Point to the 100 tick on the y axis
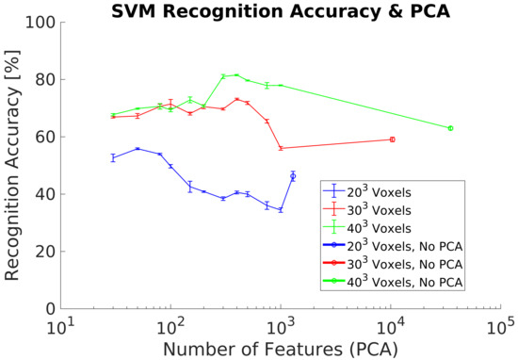39,22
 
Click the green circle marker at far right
450,128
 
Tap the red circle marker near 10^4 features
392,139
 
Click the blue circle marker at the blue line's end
293,176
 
